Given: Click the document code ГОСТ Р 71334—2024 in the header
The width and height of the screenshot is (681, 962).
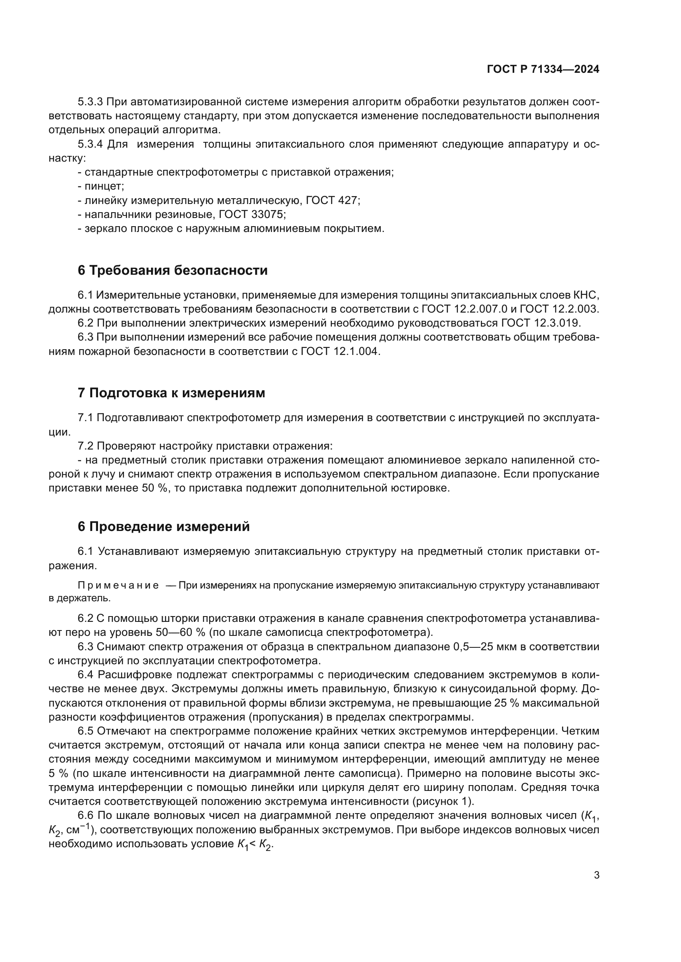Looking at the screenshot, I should click(543, 70).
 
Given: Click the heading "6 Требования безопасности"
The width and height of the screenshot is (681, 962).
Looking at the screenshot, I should click(173, 270).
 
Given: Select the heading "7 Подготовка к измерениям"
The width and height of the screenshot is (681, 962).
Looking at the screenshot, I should click(171, 393).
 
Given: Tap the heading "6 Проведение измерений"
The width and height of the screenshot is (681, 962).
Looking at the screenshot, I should click(163, 526).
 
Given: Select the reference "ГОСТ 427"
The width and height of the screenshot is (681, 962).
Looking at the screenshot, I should click(332, 200).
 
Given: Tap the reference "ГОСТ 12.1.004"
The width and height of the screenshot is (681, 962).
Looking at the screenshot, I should click(340, 351).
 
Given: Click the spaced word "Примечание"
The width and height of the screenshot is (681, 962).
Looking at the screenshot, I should click(118, 585).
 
